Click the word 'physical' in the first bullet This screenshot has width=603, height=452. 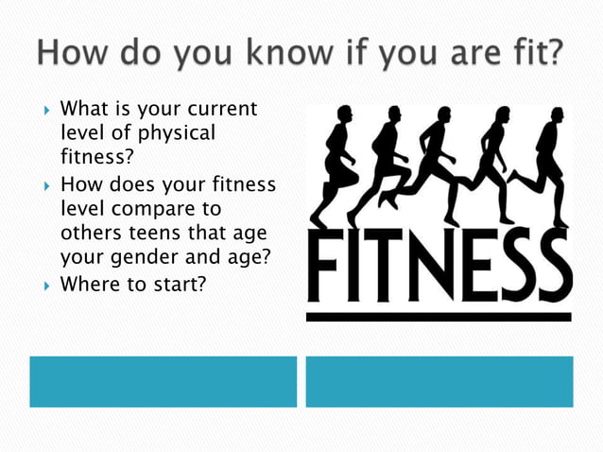point(177,133)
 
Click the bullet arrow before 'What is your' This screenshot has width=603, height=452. point(44,111)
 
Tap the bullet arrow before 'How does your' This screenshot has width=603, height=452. point(44,183)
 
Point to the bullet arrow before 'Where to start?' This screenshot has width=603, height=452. point(44,282)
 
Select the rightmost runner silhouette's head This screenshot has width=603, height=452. point(557,114)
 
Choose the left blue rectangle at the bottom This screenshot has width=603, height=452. point(163,381)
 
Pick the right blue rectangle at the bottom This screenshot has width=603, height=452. point(439,381)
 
